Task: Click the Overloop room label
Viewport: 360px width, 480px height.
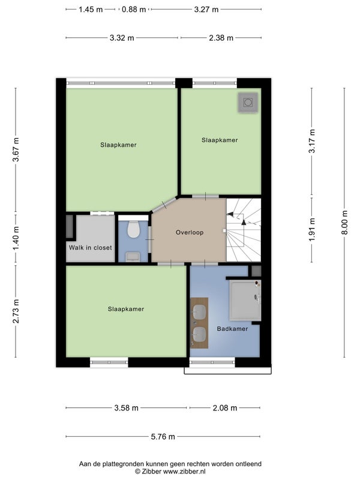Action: tap(190, 232)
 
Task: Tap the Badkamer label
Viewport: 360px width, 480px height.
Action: tap(232, 329)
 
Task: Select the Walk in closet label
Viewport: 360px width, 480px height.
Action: tap(91, 248)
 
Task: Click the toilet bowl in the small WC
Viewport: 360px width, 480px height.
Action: tap(133, 229)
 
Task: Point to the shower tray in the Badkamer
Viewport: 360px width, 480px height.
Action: tap(245, 299)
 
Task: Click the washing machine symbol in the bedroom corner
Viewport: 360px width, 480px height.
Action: tap(248, 102)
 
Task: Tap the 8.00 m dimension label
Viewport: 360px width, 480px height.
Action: tap(344, 223)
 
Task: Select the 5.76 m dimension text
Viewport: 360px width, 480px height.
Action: tap(163, 437)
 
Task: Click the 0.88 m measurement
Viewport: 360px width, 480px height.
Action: tap(134, 10)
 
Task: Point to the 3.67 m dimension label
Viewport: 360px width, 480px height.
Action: tap(16, 149)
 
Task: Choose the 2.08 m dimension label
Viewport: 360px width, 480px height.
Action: tap(225, 408)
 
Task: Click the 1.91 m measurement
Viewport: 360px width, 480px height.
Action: tap(312, 230)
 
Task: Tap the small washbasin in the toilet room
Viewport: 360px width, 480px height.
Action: tap(133, 257)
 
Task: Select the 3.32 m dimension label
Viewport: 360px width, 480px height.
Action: tap(122, 38)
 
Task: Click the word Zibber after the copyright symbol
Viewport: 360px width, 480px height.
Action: tap(152, 472)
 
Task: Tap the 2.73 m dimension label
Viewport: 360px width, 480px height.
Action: tap(16, 311)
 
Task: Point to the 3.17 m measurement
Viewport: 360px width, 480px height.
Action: tap(312, 141)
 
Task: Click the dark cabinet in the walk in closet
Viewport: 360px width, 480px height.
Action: tap(70, 226)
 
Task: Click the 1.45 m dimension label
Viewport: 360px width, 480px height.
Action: tap(91, 10)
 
